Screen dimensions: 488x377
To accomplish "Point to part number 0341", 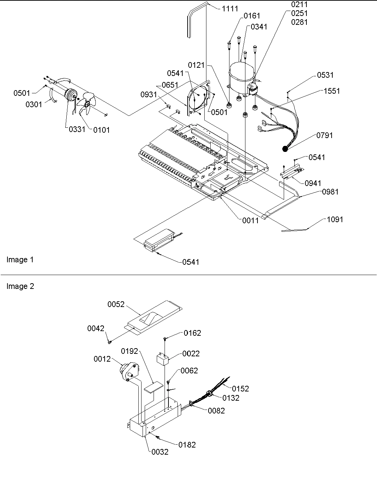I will click(x=259, y=27).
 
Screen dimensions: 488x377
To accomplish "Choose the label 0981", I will click(x=330, y=192).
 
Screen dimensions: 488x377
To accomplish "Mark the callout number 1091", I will click(x=334, y=220).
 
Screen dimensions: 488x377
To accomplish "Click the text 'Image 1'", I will click(x=20, y=260).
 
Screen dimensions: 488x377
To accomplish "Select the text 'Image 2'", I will click(x=20, y=286).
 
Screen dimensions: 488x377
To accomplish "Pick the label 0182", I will click(x=187, y=445).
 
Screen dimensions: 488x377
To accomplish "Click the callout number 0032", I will click(x=160, y=452).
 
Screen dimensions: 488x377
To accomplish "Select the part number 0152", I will click(x=240, y=389).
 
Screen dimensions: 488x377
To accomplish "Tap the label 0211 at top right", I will click(x=299, y=5).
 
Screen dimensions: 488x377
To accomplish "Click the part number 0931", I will click(x=149, y=95).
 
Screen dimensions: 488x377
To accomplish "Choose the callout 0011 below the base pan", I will click(x=250, y=220).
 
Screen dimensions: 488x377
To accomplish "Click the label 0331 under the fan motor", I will click(x=77, y=129).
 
